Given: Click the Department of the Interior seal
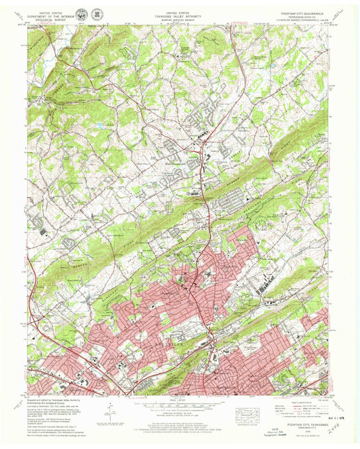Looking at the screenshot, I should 82,14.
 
